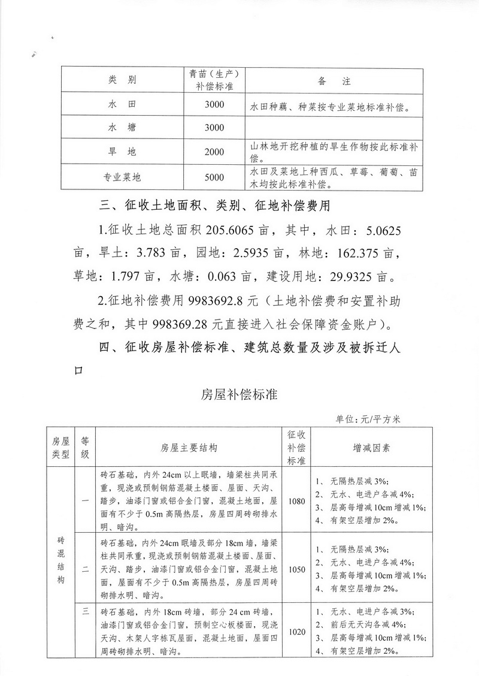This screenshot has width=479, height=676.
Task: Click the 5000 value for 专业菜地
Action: pyautogui.click(x=213, y=177)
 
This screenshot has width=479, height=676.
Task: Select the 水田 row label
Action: pyautogui.click(x=123, y=105)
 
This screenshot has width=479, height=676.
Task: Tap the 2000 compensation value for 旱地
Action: pyautogui.click(x=213, y=152)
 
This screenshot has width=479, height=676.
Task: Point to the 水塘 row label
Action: pyautogui.click(x=123, y=128)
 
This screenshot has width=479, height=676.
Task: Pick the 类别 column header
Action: pyautogui.click(x=123, y=80)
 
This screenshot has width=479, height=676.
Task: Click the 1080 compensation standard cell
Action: pyautogui.click(x=296, y=501)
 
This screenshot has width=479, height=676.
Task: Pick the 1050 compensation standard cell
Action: pyautogui.click(x=296, y=569)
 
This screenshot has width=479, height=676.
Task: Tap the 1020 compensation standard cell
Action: pyautogui.click(x=296, y=632)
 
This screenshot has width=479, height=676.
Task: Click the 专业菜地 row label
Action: pyautogui.click(x=123, y=177)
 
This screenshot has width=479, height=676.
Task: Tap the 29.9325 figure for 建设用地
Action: pyautogui.click(x=363, y=277)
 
